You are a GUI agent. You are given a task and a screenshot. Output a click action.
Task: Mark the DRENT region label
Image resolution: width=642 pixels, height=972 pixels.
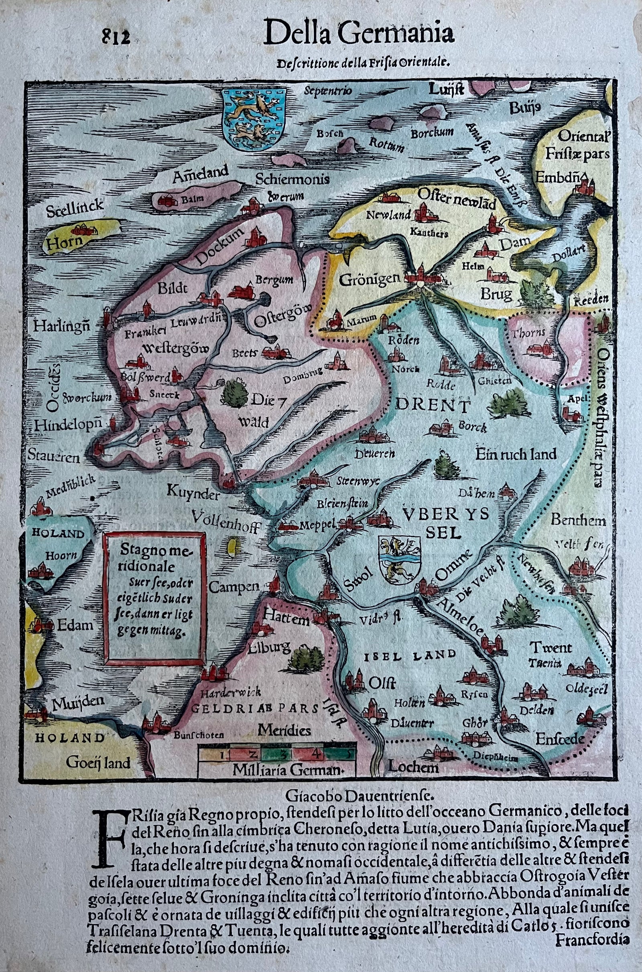tap(433, 406)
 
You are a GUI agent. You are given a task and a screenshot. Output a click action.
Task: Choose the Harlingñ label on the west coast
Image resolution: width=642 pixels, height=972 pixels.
tap(62, 326)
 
